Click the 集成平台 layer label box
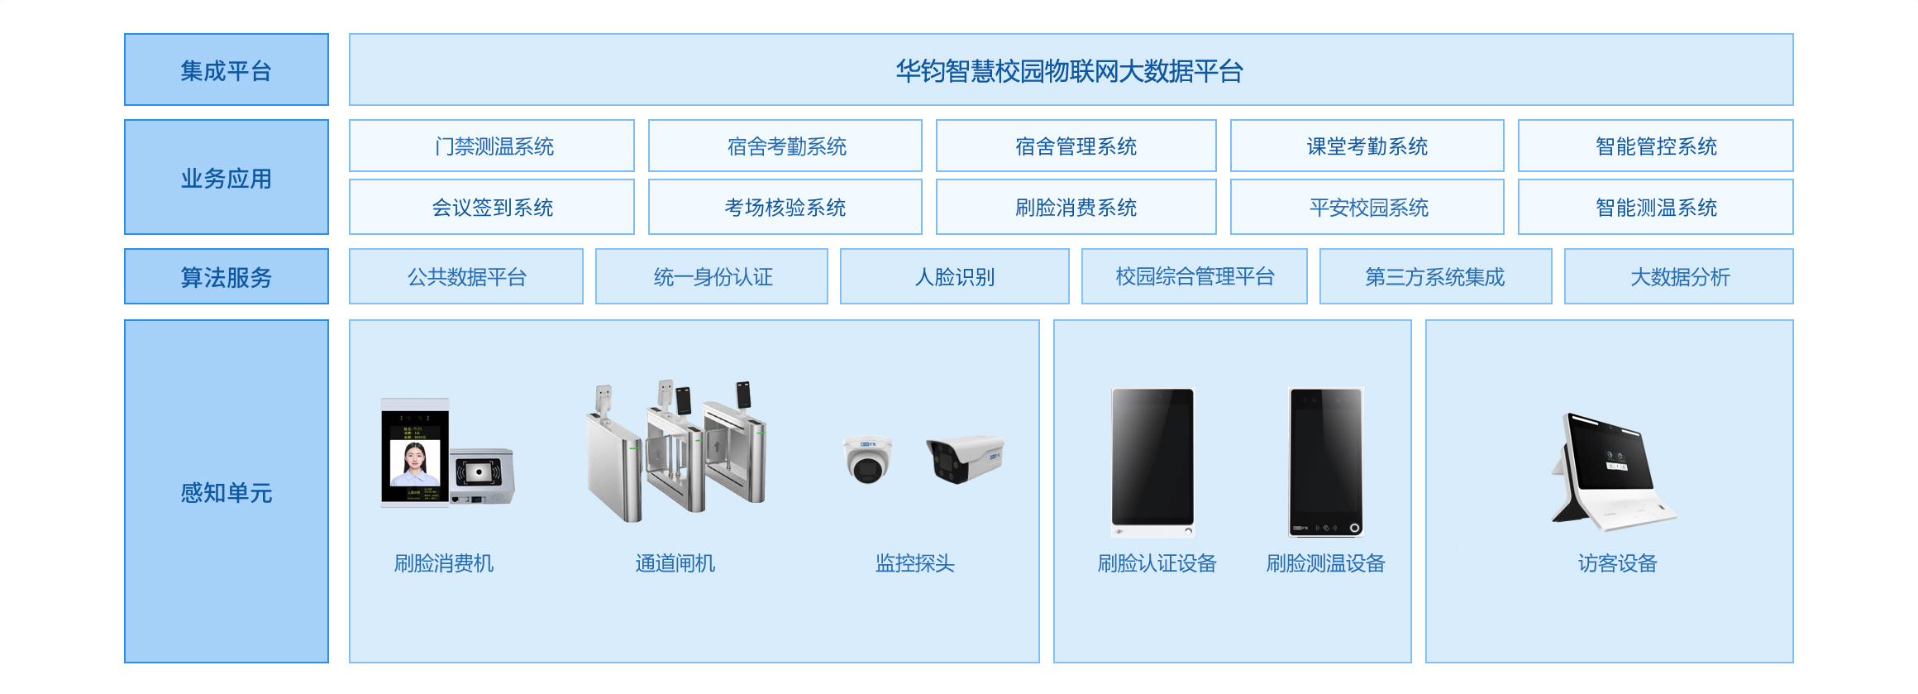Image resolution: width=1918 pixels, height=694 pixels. click(x=227, y=69)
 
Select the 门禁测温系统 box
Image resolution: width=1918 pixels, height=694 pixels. click(x=492, y=146)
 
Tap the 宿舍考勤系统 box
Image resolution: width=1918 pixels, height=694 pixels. click(x=785, y=146)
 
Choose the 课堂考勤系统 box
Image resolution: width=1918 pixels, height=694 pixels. click(x=1367, y=146)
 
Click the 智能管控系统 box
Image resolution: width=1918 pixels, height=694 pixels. click(x=1656, y=146)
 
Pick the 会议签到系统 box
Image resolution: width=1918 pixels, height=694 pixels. click(x=492, y=207)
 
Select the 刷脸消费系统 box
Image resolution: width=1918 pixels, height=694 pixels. click(x=1076, y=207)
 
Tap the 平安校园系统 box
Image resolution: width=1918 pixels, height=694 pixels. click(x=1367, y=207)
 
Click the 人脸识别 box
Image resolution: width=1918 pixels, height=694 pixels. click(x=955, y=276)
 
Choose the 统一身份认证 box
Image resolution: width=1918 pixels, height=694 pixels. click(x=712, y=276)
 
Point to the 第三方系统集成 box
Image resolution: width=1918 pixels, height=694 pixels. click(x=1436, y=276)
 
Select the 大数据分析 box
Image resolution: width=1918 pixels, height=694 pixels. click(x=1679, y=276)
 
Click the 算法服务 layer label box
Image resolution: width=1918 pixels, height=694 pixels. click(x=227, y=276)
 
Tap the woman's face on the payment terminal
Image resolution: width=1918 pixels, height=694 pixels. click(x=415, y=457)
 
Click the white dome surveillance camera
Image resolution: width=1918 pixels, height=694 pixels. click(x=867, y=459)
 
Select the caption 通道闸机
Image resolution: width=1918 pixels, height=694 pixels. click(x=675, y=563)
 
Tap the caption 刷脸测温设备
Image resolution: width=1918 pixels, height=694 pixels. click(x=1325, y=563)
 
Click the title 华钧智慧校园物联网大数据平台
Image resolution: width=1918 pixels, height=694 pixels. click(x=1069, y=71)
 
